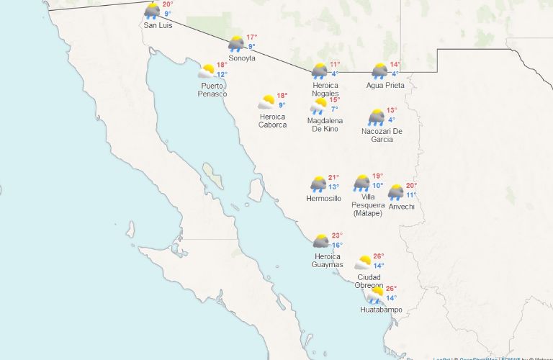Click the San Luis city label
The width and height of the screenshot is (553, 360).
157,25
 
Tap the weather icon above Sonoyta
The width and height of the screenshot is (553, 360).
236,44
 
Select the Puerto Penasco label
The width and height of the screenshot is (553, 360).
213,90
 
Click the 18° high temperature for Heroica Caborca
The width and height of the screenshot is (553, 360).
282,96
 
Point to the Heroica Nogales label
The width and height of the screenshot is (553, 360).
325,89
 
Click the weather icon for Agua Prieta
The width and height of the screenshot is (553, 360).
379,71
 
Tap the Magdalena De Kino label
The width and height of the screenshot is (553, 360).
325,125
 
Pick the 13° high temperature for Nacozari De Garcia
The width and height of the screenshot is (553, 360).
391,110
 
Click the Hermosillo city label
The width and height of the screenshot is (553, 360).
323,198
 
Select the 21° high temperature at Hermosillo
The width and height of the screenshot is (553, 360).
333,178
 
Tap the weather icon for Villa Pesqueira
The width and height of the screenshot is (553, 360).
361,183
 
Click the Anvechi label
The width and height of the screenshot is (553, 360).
401,207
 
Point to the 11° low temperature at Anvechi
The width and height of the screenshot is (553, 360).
411,195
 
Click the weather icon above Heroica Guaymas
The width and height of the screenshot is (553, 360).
320,241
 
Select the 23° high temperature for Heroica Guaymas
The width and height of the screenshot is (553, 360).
337,235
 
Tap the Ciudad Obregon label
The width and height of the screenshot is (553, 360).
369,281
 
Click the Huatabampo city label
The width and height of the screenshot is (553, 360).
381,310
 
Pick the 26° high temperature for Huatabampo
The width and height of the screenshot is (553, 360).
391,289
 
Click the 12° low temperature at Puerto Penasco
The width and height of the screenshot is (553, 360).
222,75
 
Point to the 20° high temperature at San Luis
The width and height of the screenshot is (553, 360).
167,4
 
